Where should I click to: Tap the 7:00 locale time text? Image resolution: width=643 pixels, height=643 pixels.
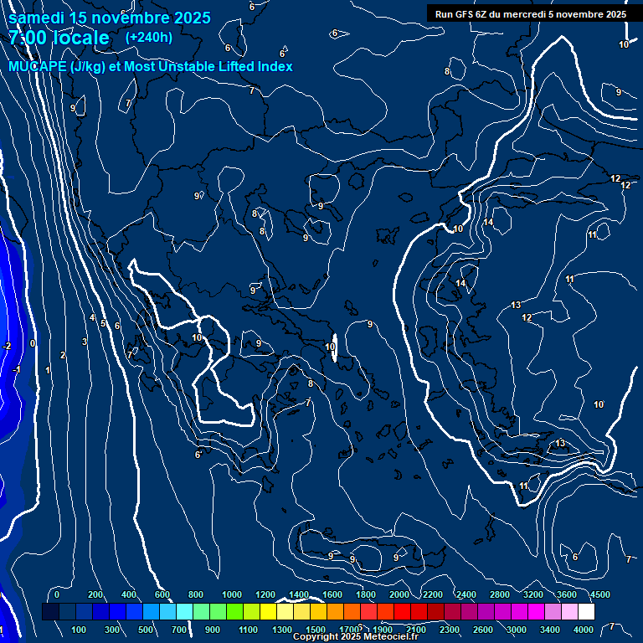point(59,38)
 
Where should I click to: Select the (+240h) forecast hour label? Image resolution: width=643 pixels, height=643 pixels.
point(149,37)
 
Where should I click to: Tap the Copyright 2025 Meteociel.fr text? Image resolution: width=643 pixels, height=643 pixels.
point(355,637)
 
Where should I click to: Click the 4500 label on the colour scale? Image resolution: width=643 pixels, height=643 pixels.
point(599,594)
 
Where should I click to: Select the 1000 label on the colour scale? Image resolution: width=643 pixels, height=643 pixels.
point(232,594)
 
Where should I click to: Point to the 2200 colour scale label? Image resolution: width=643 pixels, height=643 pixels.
point(432,594)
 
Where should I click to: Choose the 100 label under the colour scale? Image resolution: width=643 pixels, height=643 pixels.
point(80,630)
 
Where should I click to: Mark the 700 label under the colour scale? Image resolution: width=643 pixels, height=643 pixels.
point(177,630)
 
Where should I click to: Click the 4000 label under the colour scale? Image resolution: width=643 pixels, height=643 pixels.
point(584,630)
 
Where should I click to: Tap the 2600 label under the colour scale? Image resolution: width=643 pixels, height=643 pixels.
point(483,630)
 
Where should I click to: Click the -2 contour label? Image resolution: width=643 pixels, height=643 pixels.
point(7,346)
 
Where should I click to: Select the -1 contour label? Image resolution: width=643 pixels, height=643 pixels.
point(16,369)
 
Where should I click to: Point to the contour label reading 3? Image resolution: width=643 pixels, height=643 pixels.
point(85,342)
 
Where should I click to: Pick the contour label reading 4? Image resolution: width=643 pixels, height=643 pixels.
point(92,317)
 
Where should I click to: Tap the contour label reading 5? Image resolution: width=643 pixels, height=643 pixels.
point(103,323)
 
